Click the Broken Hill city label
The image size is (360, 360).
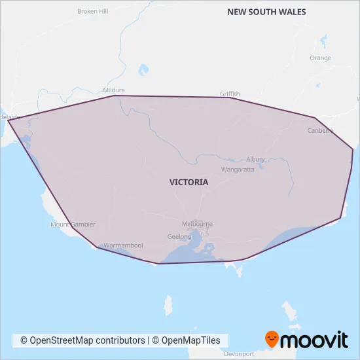[x=92, y=11]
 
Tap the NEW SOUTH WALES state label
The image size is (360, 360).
[x=266, y=12]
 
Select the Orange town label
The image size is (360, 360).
[x=320, y=58]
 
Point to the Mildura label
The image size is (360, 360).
[x=114, y=90]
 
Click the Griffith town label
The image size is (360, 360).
[x=230, y=94]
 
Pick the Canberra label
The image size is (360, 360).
[x=320, y=130]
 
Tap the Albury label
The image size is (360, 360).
[x=255, y=159]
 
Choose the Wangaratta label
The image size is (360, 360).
[x=237, y=169]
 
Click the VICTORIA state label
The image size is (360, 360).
[x=189, y=182]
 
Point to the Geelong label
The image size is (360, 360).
[x=179, y=236]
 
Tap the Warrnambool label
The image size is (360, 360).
[x=123, y=245]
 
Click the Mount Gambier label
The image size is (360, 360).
[x=73, y=224]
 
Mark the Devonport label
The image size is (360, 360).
[x=238, y=353]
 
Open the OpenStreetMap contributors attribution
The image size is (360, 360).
[x=82, y=340]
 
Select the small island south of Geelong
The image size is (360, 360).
[x=168, y=304]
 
